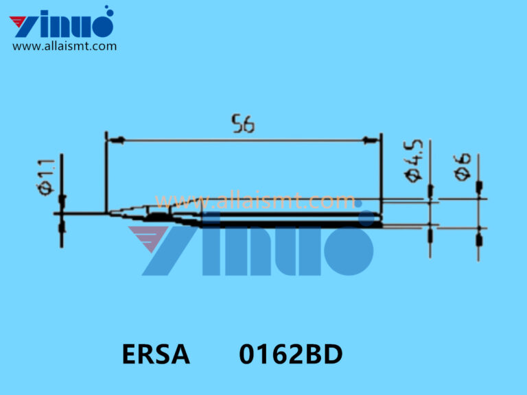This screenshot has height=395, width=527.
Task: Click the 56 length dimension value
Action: tap(243, 125)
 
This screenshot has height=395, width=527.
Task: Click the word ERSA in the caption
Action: tap(156, 355)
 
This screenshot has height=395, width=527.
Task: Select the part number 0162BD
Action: tap(290, 355)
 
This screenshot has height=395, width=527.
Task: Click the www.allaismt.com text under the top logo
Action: tap(65, 47)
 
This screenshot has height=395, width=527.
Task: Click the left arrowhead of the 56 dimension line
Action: tap(116, 141)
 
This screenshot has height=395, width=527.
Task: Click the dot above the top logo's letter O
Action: tap(107, 10)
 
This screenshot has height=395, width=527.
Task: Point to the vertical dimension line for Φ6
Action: tap(478, 206)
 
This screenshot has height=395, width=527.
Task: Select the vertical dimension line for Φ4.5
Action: tap(430, 206)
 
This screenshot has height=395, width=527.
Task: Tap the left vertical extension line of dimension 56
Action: tap(106, 171)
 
